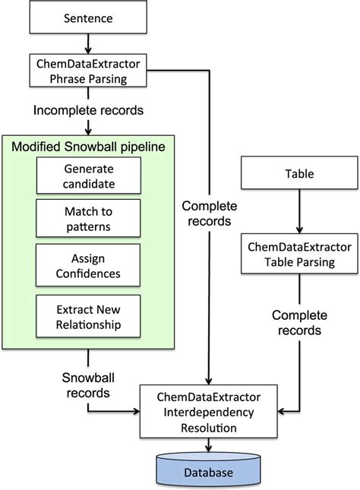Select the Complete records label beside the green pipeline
[x=209, y=213]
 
